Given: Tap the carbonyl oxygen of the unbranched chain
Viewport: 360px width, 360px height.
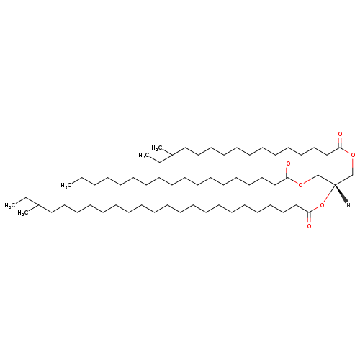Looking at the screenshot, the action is pyautogui.click(x=288, y=163).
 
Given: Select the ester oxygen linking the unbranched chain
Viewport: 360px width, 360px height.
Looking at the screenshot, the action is pyautogui.click(x=300, y=184).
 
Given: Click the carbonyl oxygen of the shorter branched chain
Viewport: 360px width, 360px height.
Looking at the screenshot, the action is pyautogui.click(x=340, y=134).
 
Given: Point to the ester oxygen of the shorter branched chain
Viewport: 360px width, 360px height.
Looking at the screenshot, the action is pyautogui.click(x=353, y=155).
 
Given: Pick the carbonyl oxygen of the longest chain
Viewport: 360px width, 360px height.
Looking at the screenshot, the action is pyautogui.click(x=309, y=226).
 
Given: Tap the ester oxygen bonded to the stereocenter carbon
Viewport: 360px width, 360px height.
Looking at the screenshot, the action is pyautogui.click(x=322, y=205).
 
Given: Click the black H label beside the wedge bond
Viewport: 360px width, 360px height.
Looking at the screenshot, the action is pyautogui.click(x=348, y=205).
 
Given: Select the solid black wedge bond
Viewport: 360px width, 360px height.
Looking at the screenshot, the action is pyautogui.click(x=341, y=194).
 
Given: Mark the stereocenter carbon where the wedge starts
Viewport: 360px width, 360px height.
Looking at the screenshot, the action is pyautogui.click(x=335, y=184).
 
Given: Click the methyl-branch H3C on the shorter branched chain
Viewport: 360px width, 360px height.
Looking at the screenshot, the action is pyautogui.click(x=157, y=148).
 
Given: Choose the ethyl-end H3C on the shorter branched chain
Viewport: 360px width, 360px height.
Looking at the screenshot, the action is pyautogui.click(x=144, y=155).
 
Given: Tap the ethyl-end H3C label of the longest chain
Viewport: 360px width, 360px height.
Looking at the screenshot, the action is pyautogui.click(x=10, y=206).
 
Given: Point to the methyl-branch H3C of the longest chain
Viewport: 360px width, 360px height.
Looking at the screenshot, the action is pyautogui.click(x=23, y=213).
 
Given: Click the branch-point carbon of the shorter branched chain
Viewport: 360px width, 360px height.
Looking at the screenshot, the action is pyautogui.click(x=172, y=155).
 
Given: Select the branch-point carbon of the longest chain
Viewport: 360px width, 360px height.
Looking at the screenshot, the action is pyautogui.click(x=38, y=205).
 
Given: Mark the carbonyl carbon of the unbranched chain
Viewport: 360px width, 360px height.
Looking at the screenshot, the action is pyautogui.click(x=288, y=178).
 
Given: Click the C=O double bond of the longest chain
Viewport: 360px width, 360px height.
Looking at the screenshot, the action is pyautogui.click(x=309, y=217).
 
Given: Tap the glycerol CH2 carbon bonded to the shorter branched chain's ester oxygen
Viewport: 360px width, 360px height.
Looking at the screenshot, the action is pyautogui.click(x=353, y=174).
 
